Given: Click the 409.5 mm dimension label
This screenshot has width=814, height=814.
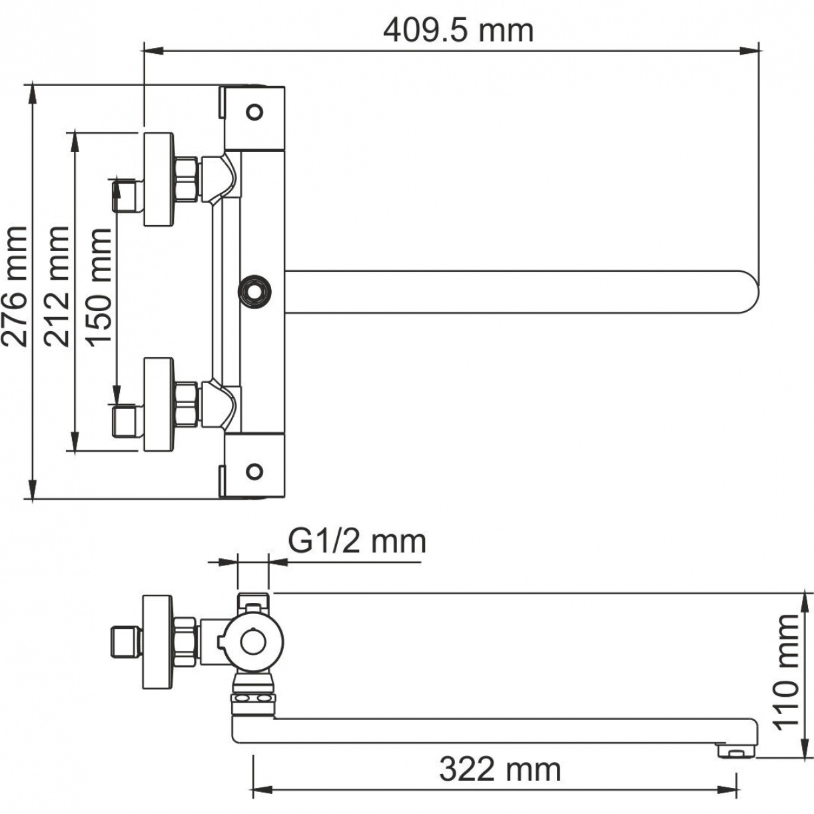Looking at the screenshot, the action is [x=458, y=31].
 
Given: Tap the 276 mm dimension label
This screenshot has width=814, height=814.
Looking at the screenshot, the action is [x=14, y=286].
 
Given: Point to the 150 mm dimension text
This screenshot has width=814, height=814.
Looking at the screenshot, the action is [x=99, y=287].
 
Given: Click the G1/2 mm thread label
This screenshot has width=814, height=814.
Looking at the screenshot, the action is [x=357, y=542].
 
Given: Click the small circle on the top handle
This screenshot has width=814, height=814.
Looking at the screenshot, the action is [x=254, y=112].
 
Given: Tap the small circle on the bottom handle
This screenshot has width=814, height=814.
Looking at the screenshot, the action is [x=254, y=472].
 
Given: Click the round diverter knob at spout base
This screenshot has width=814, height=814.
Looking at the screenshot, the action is [x=254, y=290].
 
